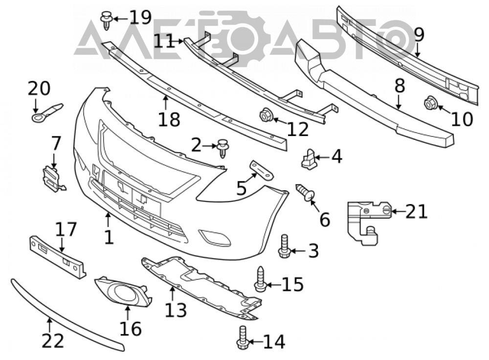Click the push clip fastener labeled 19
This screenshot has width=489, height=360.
click(106, 20)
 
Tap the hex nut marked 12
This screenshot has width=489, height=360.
click(267, 115)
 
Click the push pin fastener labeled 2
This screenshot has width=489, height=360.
click(222, 148)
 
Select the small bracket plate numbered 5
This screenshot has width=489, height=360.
click(261, 170)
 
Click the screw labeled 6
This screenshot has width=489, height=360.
click(305, 192)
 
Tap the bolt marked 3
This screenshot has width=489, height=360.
click(284, 247)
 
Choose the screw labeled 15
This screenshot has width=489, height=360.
click(261, 279)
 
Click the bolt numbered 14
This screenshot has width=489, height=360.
click(243, 338)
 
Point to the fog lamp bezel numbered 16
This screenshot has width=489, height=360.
click(123, 292)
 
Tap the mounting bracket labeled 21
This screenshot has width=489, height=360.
click(369, 222)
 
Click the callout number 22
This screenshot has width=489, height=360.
click(53, 341)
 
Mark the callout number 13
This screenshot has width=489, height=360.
click(176, 310)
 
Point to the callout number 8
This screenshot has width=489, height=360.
click(400, 86)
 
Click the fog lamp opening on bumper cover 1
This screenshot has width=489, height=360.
click(215, 238)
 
